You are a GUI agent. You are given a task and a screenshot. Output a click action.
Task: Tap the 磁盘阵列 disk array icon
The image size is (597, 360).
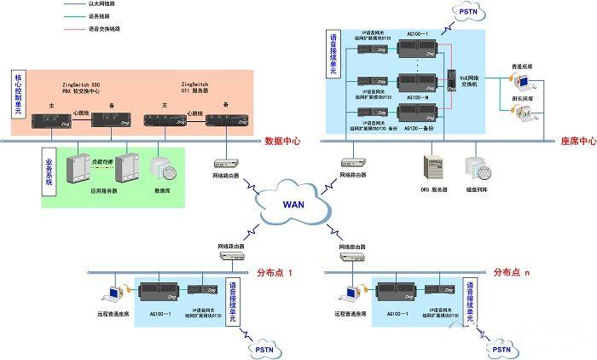click(x=475, y=165)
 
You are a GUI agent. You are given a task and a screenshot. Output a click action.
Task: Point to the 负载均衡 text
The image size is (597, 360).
click(x=103, y=160)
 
